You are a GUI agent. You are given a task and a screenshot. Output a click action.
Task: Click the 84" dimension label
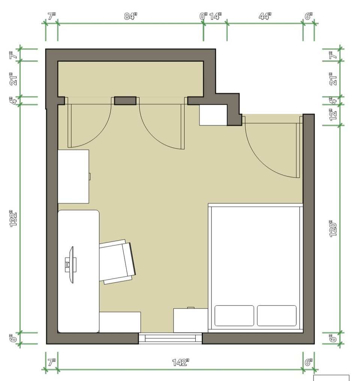tap(130, 16)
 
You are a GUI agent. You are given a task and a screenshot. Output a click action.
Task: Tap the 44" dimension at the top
tap(265, 16)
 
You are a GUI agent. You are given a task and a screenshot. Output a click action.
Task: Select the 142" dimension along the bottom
tap(181, 362)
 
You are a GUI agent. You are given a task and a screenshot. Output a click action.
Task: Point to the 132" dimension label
tap(13, 219)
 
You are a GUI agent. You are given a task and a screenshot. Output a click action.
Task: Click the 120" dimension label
tap(333, 229)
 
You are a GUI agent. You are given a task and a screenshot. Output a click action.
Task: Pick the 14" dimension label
tap(216, 16)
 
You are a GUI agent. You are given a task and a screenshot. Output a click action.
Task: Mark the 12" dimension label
tap(333, 114)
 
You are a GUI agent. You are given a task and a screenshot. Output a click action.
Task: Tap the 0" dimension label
tap(203, 16)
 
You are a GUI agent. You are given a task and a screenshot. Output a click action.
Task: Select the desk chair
tap(117, 262)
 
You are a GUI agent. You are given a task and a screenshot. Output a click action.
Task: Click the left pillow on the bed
tap(234, 316)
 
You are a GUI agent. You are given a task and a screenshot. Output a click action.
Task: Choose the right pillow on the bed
tap(277, 316)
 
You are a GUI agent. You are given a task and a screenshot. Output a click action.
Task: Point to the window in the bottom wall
tap(170, 338)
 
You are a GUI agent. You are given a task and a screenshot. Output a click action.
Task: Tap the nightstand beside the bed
tap(190, 320)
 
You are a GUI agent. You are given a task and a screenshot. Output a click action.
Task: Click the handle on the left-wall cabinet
tap(90, 176)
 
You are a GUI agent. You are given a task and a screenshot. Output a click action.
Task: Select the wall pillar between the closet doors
tap(125, 101)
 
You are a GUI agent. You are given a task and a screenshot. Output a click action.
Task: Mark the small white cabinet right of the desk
tap(120, 322)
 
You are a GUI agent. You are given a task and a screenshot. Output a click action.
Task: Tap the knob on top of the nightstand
tap(191, 308)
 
